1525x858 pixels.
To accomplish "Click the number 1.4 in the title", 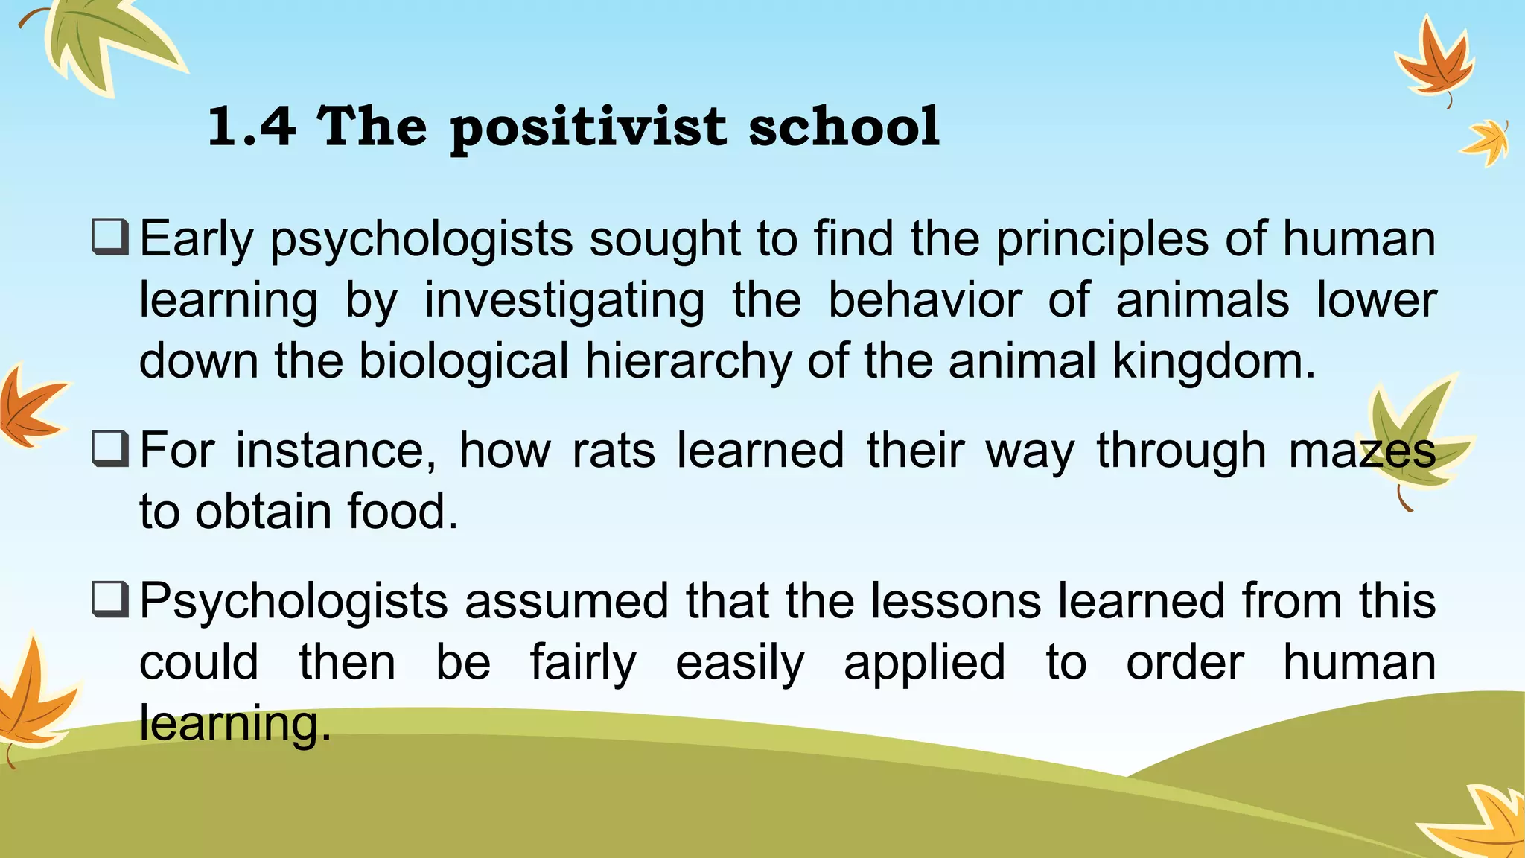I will pyautogui.click(x=251, y=126).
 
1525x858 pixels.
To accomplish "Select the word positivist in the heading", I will pyautogui.click(x=588, y=127).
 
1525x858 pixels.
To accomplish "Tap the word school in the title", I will pyautogui.click(x=844, y=126).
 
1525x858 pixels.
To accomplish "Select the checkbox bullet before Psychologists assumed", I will pyautogui.click(x=111, y=600).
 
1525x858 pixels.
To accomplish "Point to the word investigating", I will pyautogui.click(x=564, y=301).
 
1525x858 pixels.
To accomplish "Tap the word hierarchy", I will pyautogui.click(x=688, y=362).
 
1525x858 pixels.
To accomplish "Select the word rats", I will pyautogui.click(x=614, y=451).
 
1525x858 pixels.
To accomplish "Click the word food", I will pyautogui.click(x=402, y=512).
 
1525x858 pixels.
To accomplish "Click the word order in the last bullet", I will pyautogui.click(x=1185, y=663).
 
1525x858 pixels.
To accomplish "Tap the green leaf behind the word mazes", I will pyautogui.click(x=1410, y=439).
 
